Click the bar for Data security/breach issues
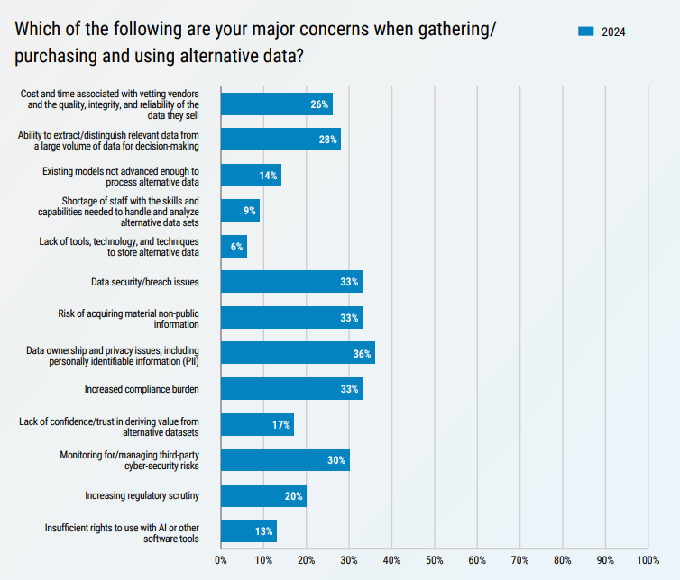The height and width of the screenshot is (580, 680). [291, 282]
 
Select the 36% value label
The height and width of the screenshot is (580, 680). [362, 354]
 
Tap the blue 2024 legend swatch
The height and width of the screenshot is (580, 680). [585, 32]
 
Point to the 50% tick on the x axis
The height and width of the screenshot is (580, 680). [434, 560]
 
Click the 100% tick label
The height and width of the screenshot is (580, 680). [648, 560]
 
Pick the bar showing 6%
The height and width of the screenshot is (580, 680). [234, 247]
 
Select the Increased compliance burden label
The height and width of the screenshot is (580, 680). [142, 389]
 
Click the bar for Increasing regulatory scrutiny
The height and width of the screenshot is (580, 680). [263, 496]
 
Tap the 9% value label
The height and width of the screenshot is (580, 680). [250, 211]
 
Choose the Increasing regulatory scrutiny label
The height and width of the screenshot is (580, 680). [142, 496]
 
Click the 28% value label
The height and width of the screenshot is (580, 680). [327, 140]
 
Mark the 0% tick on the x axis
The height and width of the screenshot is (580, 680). [221, 560]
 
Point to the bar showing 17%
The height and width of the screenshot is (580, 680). [257, 425]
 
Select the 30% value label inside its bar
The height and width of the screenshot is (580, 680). [336, 460]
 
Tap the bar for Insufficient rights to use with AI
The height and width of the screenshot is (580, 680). [248, 531]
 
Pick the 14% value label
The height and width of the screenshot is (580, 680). [268, 176]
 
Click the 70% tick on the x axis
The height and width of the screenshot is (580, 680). [519, 560]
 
